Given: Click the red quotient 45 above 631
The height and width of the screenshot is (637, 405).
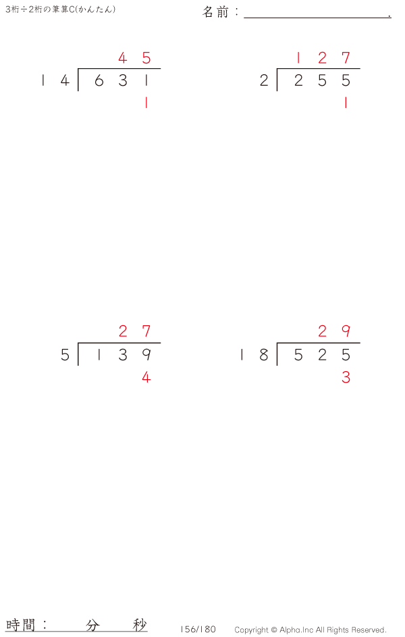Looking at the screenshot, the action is (134, 58).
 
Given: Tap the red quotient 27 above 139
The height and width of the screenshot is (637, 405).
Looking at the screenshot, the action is (134, 331).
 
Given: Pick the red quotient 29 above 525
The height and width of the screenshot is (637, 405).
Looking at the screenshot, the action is (334, 331).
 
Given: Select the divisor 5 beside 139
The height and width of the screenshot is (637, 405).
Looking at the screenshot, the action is (65, 355).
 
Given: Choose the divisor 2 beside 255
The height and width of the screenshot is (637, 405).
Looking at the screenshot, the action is (264, 81).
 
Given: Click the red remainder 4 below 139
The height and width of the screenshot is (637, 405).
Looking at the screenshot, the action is (146, 378).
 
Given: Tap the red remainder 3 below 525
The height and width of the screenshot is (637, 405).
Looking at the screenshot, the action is (346, 378).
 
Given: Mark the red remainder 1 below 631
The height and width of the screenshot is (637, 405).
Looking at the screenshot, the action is (146, 103).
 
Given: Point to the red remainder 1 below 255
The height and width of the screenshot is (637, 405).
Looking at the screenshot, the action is (346, 103).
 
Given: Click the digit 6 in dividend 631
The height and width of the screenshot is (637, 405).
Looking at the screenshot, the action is (99, 81).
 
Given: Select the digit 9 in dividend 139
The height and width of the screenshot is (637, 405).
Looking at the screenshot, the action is (146, 355).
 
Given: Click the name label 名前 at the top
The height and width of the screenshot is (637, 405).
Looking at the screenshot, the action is (216, 12).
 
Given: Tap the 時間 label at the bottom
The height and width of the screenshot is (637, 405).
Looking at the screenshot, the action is (21, 624).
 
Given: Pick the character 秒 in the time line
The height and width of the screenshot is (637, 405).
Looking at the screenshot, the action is (139, 625).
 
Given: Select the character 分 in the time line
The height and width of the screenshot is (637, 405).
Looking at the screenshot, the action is (92, 625).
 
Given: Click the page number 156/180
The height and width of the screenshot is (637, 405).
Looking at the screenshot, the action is (198, 630).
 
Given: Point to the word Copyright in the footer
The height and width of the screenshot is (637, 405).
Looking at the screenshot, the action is (251, 630).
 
